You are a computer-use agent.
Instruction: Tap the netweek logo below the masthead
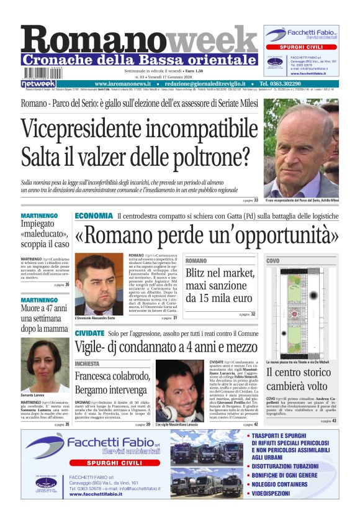(x=38, y=83)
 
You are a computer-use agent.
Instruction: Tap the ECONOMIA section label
(x=94, y=216)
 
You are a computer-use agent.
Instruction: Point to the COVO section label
(x=272, y=261)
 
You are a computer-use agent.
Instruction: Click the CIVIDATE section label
(x=89, y=333)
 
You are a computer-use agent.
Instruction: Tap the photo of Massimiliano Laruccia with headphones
(x=181, y=391)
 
